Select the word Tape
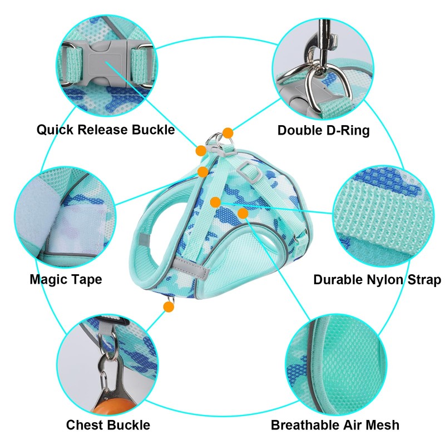click(87, 279)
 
